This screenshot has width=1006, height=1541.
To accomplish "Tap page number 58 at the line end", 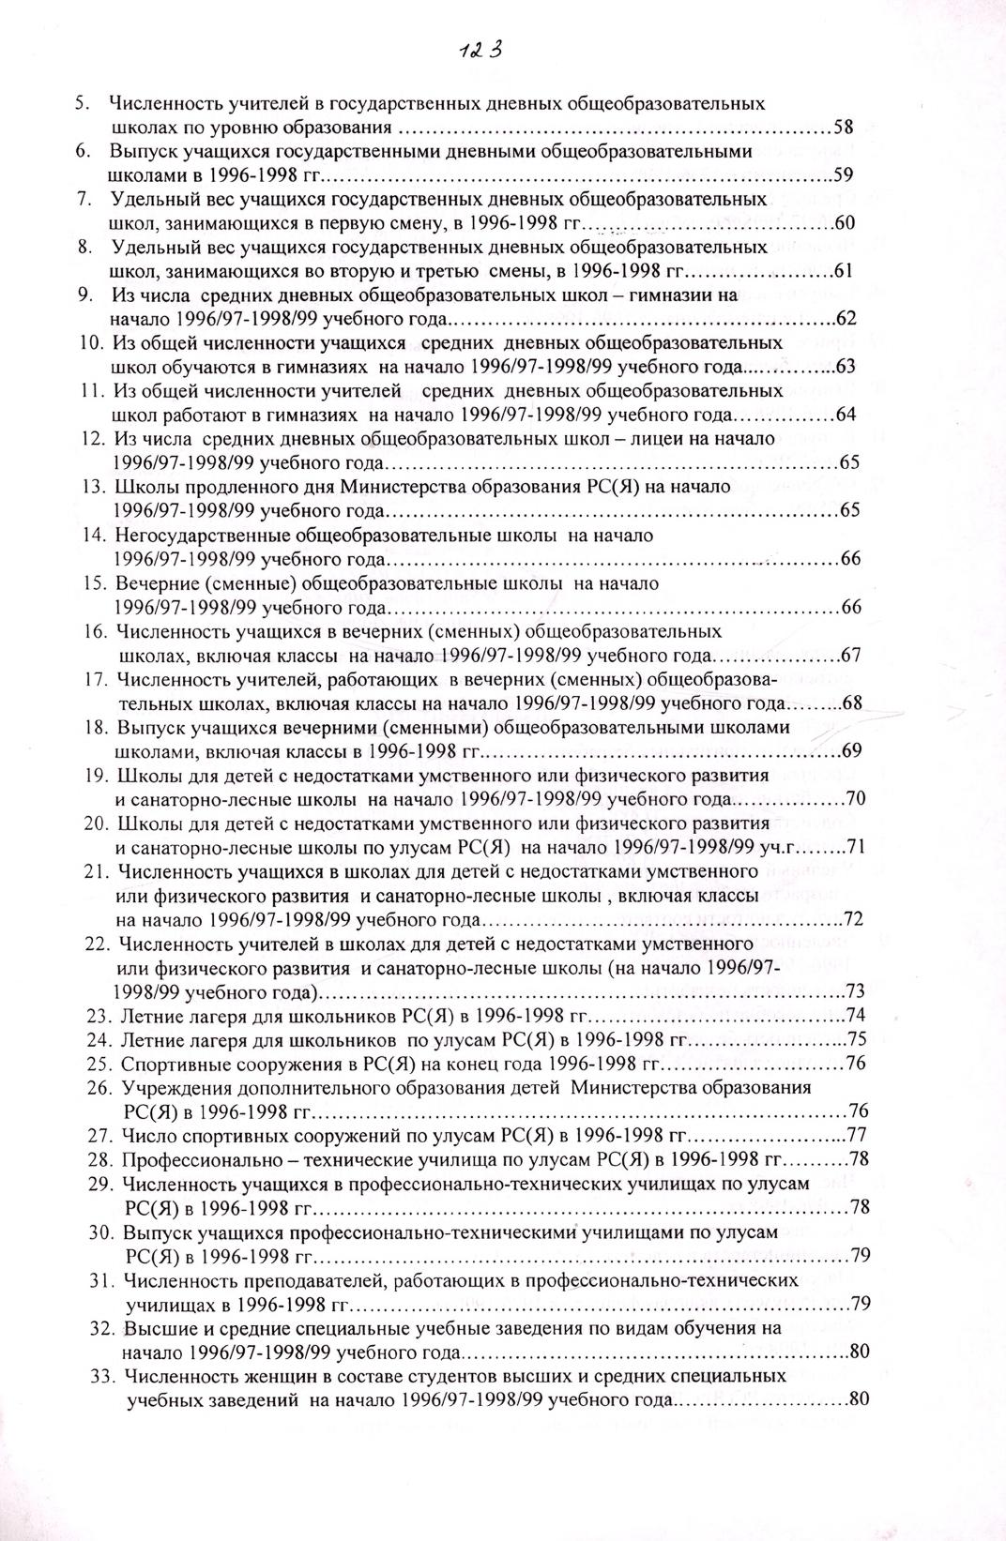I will tap(843, 127).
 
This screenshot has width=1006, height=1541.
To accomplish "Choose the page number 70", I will tap(854, 799).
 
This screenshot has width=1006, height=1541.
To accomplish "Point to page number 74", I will tap(855, 1015).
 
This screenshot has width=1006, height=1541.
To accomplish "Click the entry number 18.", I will tap(97, 727).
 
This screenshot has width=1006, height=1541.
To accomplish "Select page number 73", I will tap(855, 990).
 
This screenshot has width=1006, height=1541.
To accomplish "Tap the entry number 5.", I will tap(82, 103).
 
